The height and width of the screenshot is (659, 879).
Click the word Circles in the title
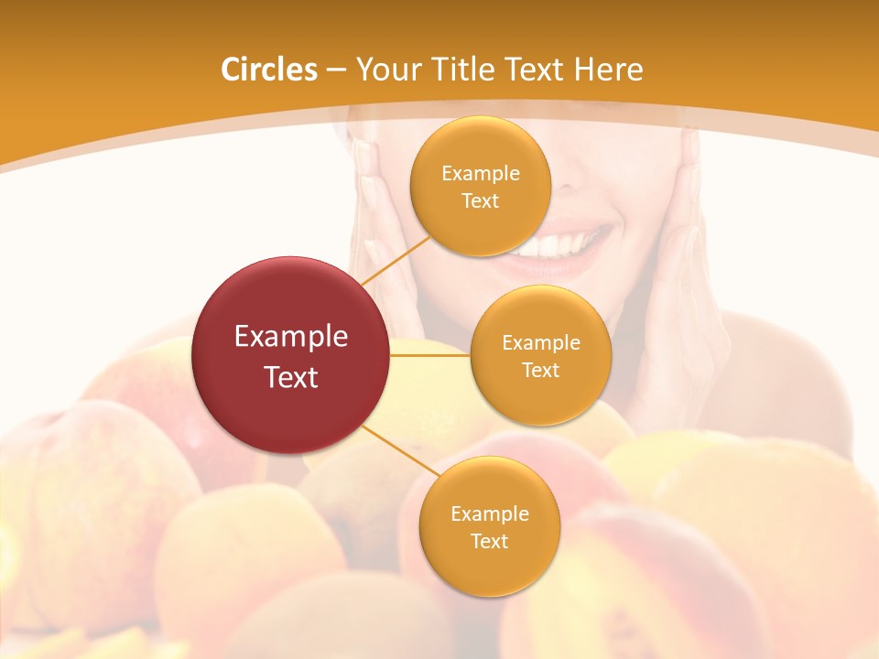point(269,70)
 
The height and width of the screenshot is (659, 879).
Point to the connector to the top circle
point(396,259)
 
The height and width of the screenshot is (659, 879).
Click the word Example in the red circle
point(291,337)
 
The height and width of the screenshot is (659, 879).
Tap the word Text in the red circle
point(291,376)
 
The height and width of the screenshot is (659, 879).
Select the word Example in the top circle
point(481,173)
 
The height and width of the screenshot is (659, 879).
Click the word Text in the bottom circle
point(490,541)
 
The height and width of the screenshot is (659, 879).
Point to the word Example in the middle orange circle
point(541,342)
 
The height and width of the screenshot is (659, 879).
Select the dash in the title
point(335,70)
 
